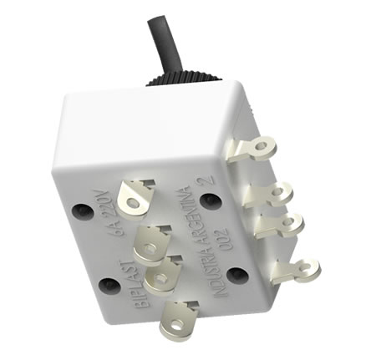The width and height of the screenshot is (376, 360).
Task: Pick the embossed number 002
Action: point(222,239)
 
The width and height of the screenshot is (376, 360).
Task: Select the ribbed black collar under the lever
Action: point(184,79)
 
